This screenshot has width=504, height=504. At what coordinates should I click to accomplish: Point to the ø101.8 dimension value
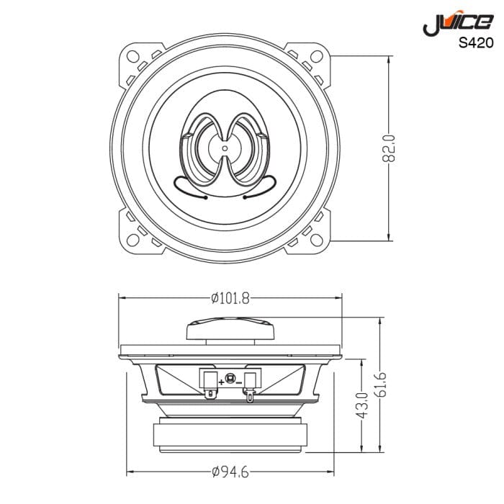(x=230, y=298)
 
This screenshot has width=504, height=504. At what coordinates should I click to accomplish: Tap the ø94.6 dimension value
(x=230, y=472)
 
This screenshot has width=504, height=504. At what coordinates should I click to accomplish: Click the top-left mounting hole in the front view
(x=134, y=57)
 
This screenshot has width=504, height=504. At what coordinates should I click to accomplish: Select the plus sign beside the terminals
(x=220, y=382)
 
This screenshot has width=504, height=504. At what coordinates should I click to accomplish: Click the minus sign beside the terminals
(x=239, y=382)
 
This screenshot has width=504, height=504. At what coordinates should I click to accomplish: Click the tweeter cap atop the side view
(x=230, y=330)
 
